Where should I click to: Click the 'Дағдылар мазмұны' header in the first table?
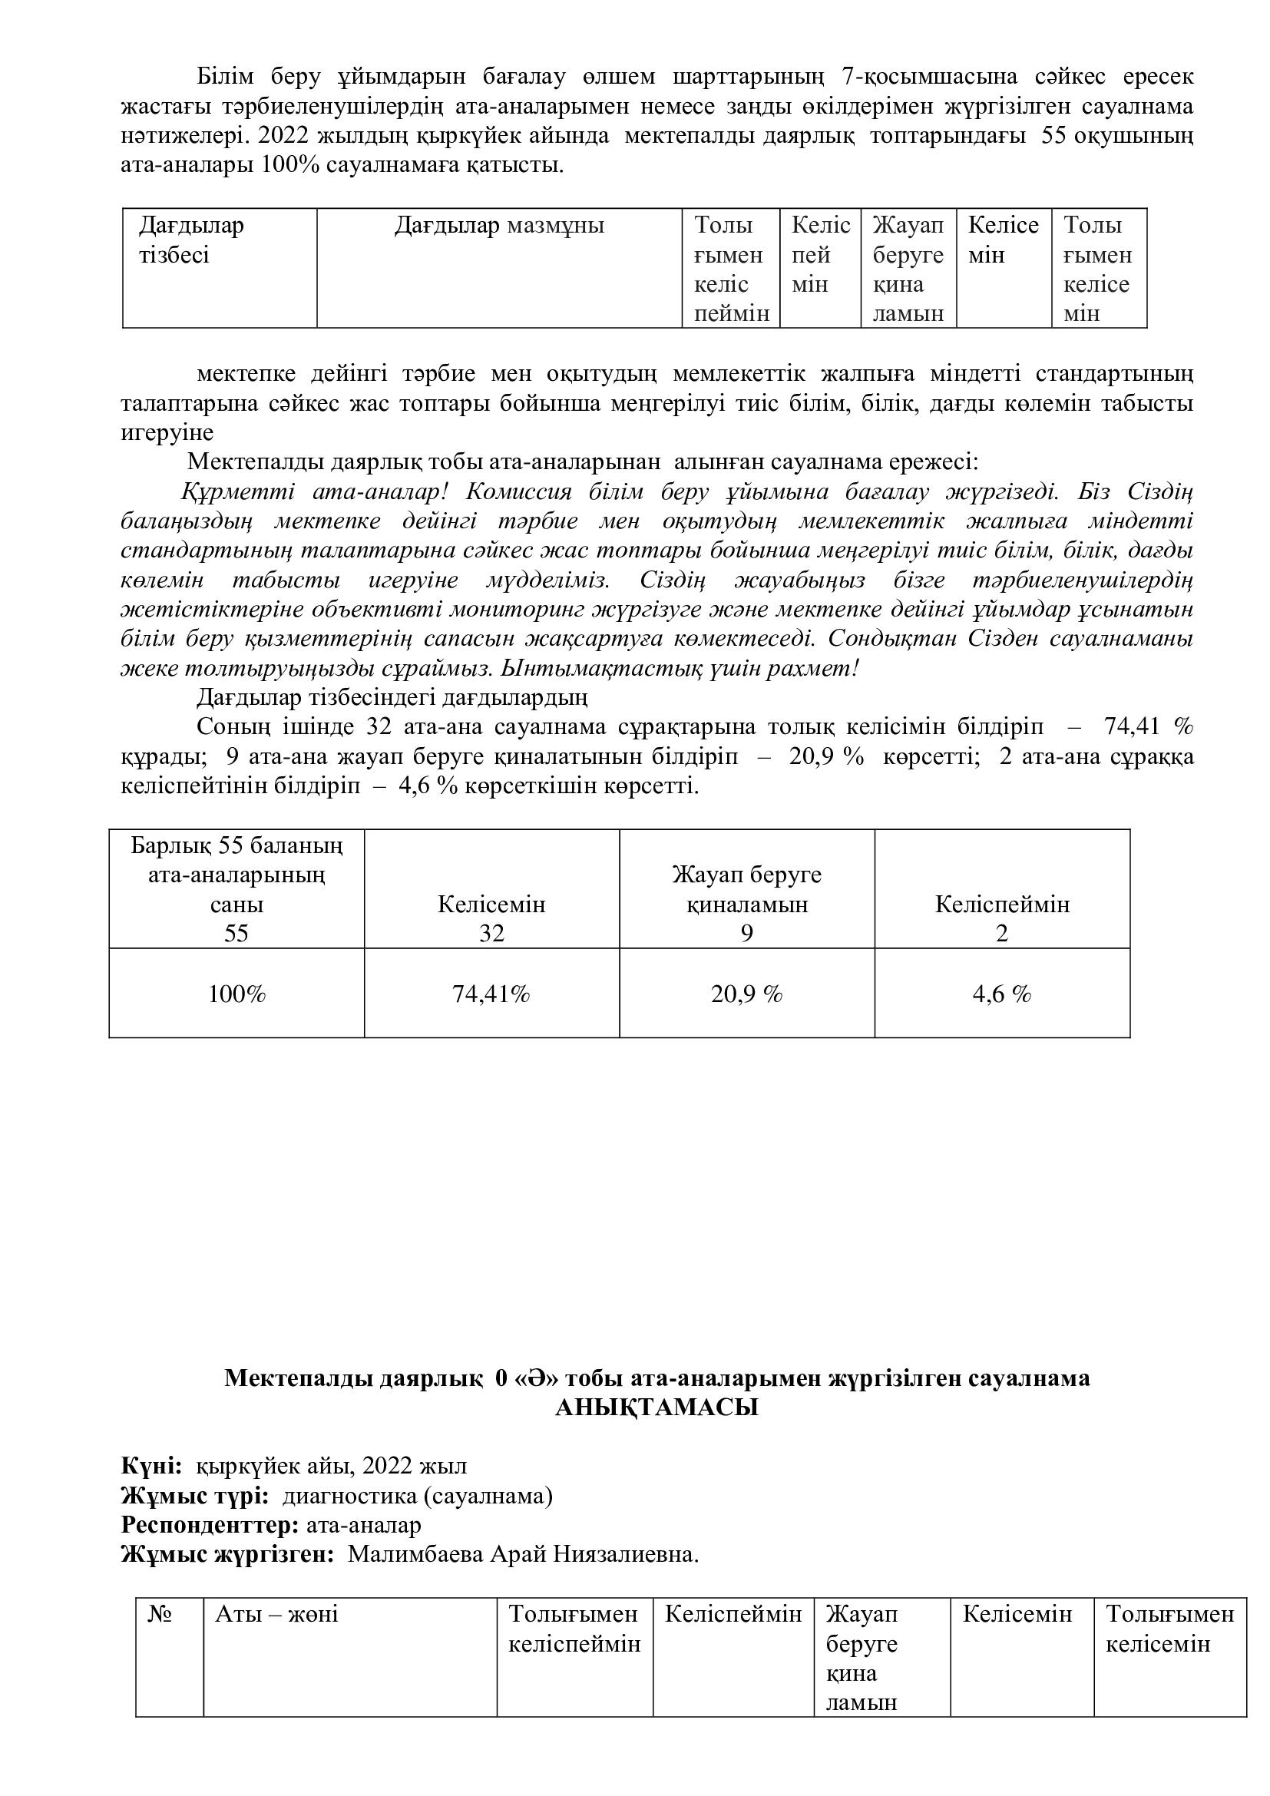499,226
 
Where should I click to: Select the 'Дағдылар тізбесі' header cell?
192,240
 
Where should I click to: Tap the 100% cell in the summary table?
236,994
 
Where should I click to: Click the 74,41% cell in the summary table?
491,994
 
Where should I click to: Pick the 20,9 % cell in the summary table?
746,994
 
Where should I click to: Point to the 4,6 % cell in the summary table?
1002,994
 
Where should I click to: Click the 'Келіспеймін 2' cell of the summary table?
1002,918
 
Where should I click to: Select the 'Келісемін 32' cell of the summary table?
491,918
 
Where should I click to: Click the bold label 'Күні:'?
152,1465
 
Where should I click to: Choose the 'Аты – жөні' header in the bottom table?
276,1614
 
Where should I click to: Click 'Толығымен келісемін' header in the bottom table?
1169,1628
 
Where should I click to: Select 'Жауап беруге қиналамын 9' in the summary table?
746,904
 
